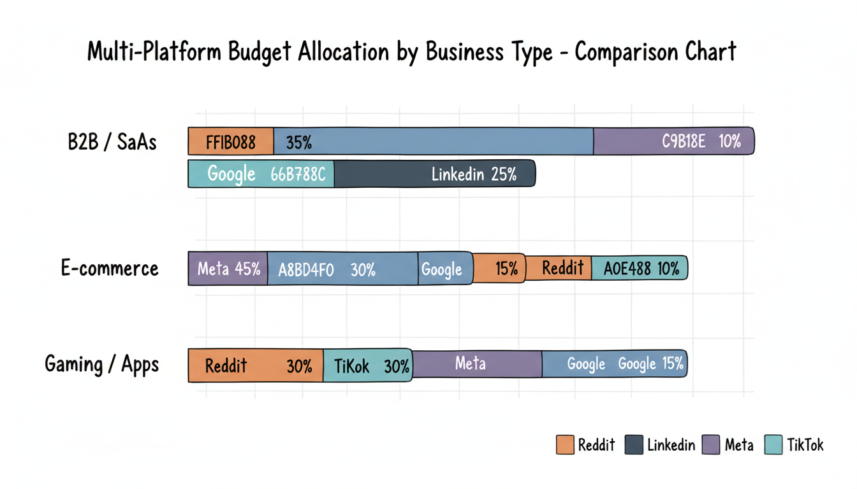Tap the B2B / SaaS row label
pyautogui.click(x=112, y=141)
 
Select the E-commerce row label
pyautogui.click(x=110, y=268)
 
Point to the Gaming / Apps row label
pyautogui.click(x=102, y=365)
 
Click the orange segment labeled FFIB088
pyautogui.click(x=231, y=141)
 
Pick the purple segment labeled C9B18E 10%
pyautogui.click(x=673, y=141)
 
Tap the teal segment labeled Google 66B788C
pyautogui.click(x=261, y=174)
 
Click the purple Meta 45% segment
pyautogui.click(x=228, y=268)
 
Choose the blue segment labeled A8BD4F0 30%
pyautogui.click(x=342, y=268)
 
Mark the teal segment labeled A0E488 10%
pyautogui.click(x=639, y=268)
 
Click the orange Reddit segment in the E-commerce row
pyautogui.click(x=559, y=268)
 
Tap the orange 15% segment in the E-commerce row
pyautogui.click(x=499, y=268)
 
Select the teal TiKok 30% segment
pyautogui.click(x=367, y=365)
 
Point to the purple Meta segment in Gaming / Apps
pyautogui.click(x=477, y=364)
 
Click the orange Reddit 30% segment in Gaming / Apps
pyautogui.click(x=256, y=365)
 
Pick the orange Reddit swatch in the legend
pyautogui.click(x=565, y=444)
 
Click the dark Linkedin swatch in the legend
pyautogui.click(x=634, y=444)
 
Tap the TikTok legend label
pyautogui.click(x=805, y=444)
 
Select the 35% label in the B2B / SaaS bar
pyautogui.click(x=298, y=142)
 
